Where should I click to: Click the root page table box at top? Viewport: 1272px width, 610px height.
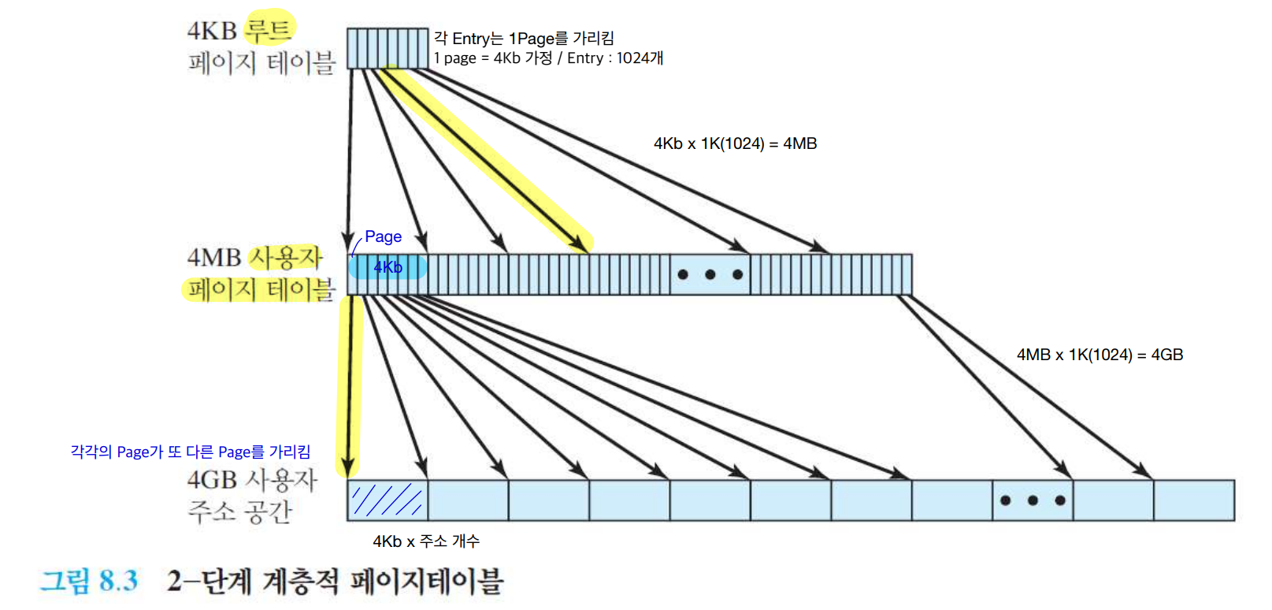tap(388, 48)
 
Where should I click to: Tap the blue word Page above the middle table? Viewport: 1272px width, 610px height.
tap(384, 236)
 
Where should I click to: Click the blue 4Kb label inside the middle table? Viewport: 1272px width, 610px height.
tap(388, 267)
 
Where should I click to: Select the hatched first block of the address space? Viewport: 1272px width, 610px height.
tap(388, 500)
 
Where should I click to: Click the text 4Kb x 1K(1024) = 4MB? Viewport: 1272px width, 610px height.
tap(736, 143)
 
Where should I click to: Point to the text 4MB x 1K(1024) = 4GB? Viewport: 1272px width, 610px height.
tap(1100, 355)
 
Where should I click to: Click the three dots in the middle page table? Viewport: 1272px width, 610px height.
tap(710, 275)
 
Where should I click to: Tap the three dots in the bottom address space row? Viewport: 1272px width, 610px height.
tap(1033, 500)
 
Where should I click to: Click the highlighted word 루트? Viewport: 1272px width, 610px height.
tap(268, 28)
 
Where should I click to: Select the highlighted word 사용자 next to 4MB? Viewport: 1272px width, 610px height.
tap(286, 257)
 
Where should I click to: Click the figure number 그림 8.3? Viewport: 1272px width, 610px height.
tap(89, 581)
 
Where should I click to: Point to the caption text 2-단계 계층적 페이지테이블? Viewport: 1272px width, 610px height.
tap(335, 581)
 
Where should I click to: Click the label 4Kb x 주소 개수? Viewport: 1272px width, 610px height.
tap(426, 541)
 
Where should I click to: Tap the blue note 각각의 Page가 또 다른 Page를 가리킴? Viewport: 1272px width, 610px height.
tap(191, 452)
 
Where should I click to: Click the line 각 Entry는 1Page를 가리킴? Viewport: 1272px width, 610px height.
tap(524, 38)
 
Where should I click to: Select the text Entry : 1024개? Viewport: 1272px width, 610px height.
tap(615, 58)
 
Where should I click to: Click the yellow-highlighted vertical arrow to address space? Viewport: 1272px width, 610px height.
tap(351, 386)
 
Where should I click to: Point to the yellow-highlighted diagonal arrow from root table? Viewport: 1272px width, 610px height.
tap(485, 160)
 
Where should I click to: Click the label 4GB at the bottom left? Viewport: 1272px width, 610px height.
tap(212, 480)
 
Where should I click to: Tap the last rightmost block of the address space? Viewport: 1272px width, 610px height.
tap(1194, 500)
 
